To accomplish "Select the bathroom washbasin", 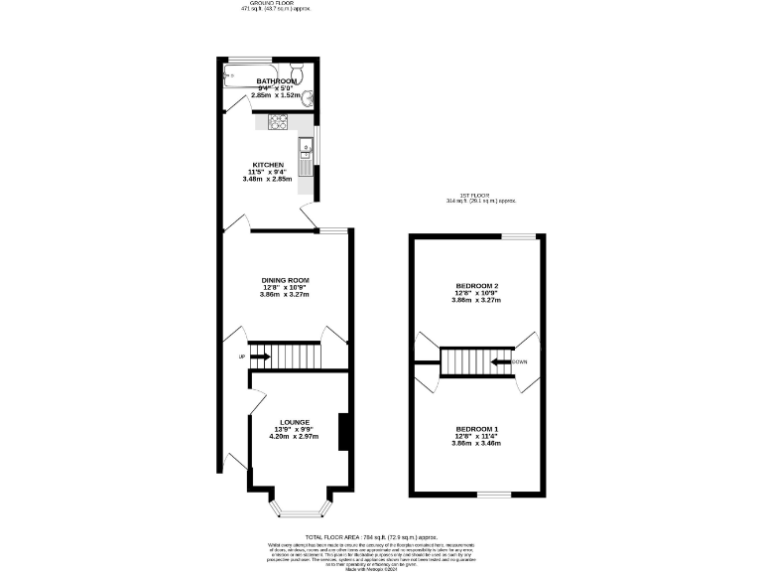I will pos(311,97).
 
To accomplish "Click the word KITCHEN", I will pos(269,165).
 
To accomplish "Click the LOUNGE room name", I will pos(295,421).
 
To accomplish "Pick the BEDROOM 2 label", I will pos(476,286).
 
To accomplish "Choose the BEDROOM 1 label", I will pos(477,428).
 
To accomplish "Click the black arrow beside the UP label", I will pos(259,357).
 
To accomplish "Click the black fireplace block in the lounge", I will pos(342,432).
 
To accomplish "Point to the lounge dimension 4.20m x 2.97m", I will pos(295,436).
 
